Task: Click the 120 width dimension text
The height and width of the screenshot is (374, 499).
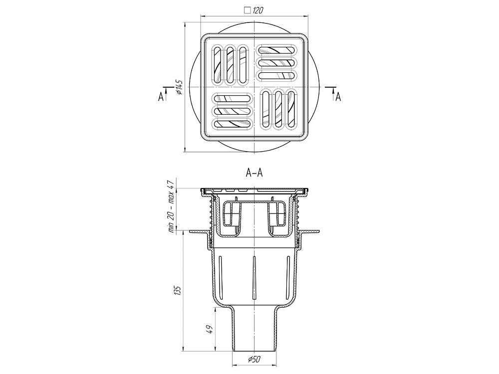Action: pyautogui.click(x=258, y=9)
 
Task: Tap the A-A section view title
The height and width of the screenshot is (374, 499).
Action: pyautogui.click(x=254, y=173)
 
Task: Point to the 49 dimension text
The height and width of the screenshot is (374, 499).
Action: pyautogui.click(x=210, y=329)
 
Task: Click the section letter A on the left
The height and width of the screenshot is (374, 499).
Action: pyautogui.click(x=161, y=97)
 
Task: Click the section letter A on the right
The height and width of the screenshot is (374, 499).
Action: pyautogui.click(x=338, y=97)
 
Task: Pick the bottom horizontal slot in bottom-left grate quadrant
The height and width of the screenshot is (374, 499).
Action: pyautogui.click(x=232, y=123)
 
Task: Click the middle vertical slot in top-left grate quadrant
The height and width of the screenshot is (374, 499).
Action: pyautogui.click(x=230, y=65)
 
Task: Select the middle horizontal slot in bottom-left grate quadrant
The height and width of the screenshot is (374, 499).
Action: pyautogui.click(x=232, y=111)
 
